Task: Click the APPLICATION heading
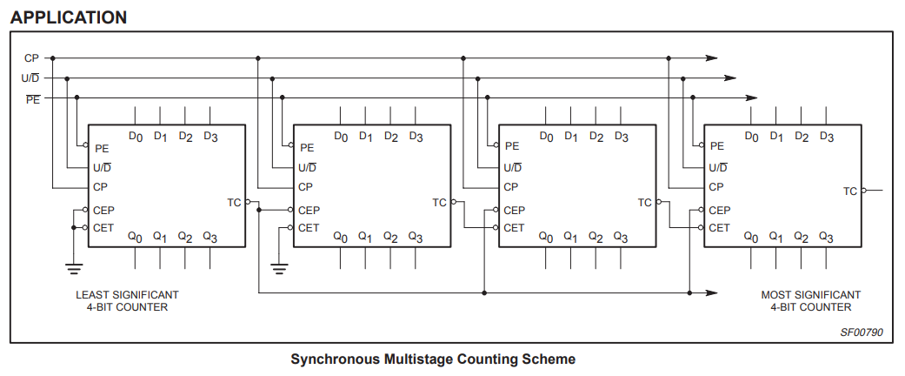pyautogui.click(x=69, y=17)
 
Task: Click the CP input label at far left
pyautogui.click(x=31, y=58)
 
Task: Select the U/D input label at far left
pyautogui.click(x=30, y=78)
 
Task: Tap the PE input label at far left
pyautogui.click(x=32, y=98)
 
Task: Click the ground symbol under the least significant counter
pyautogui.click(x=73, y=266)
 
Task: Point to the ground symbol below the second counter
pyautogui.click(x=278, y=266)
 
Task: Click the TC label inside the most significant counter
pyautogui.click(x=850, y=191)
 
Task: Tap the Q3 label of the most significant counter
pyautogui.click(x=826, y=237)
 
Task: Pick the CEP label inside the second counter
pyautogui.click(x=309, y=210)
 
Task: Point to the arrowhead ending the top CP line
pyautogui.click(x=712, y=58)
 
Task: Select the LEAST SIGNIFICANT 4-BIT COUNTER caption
pyautogui.click(x=127, y=301)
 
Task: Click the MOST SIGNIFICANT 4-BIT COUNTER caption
pyautogui.click(x=810, y=301)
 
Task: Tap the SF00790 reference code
pyautogui.click(x=861, y=332)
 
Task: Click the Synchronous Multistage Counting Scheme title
pyautogui.click(x=433, y=359)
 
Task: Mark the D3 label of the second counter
pyautogui.click(x=416, y=137)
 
